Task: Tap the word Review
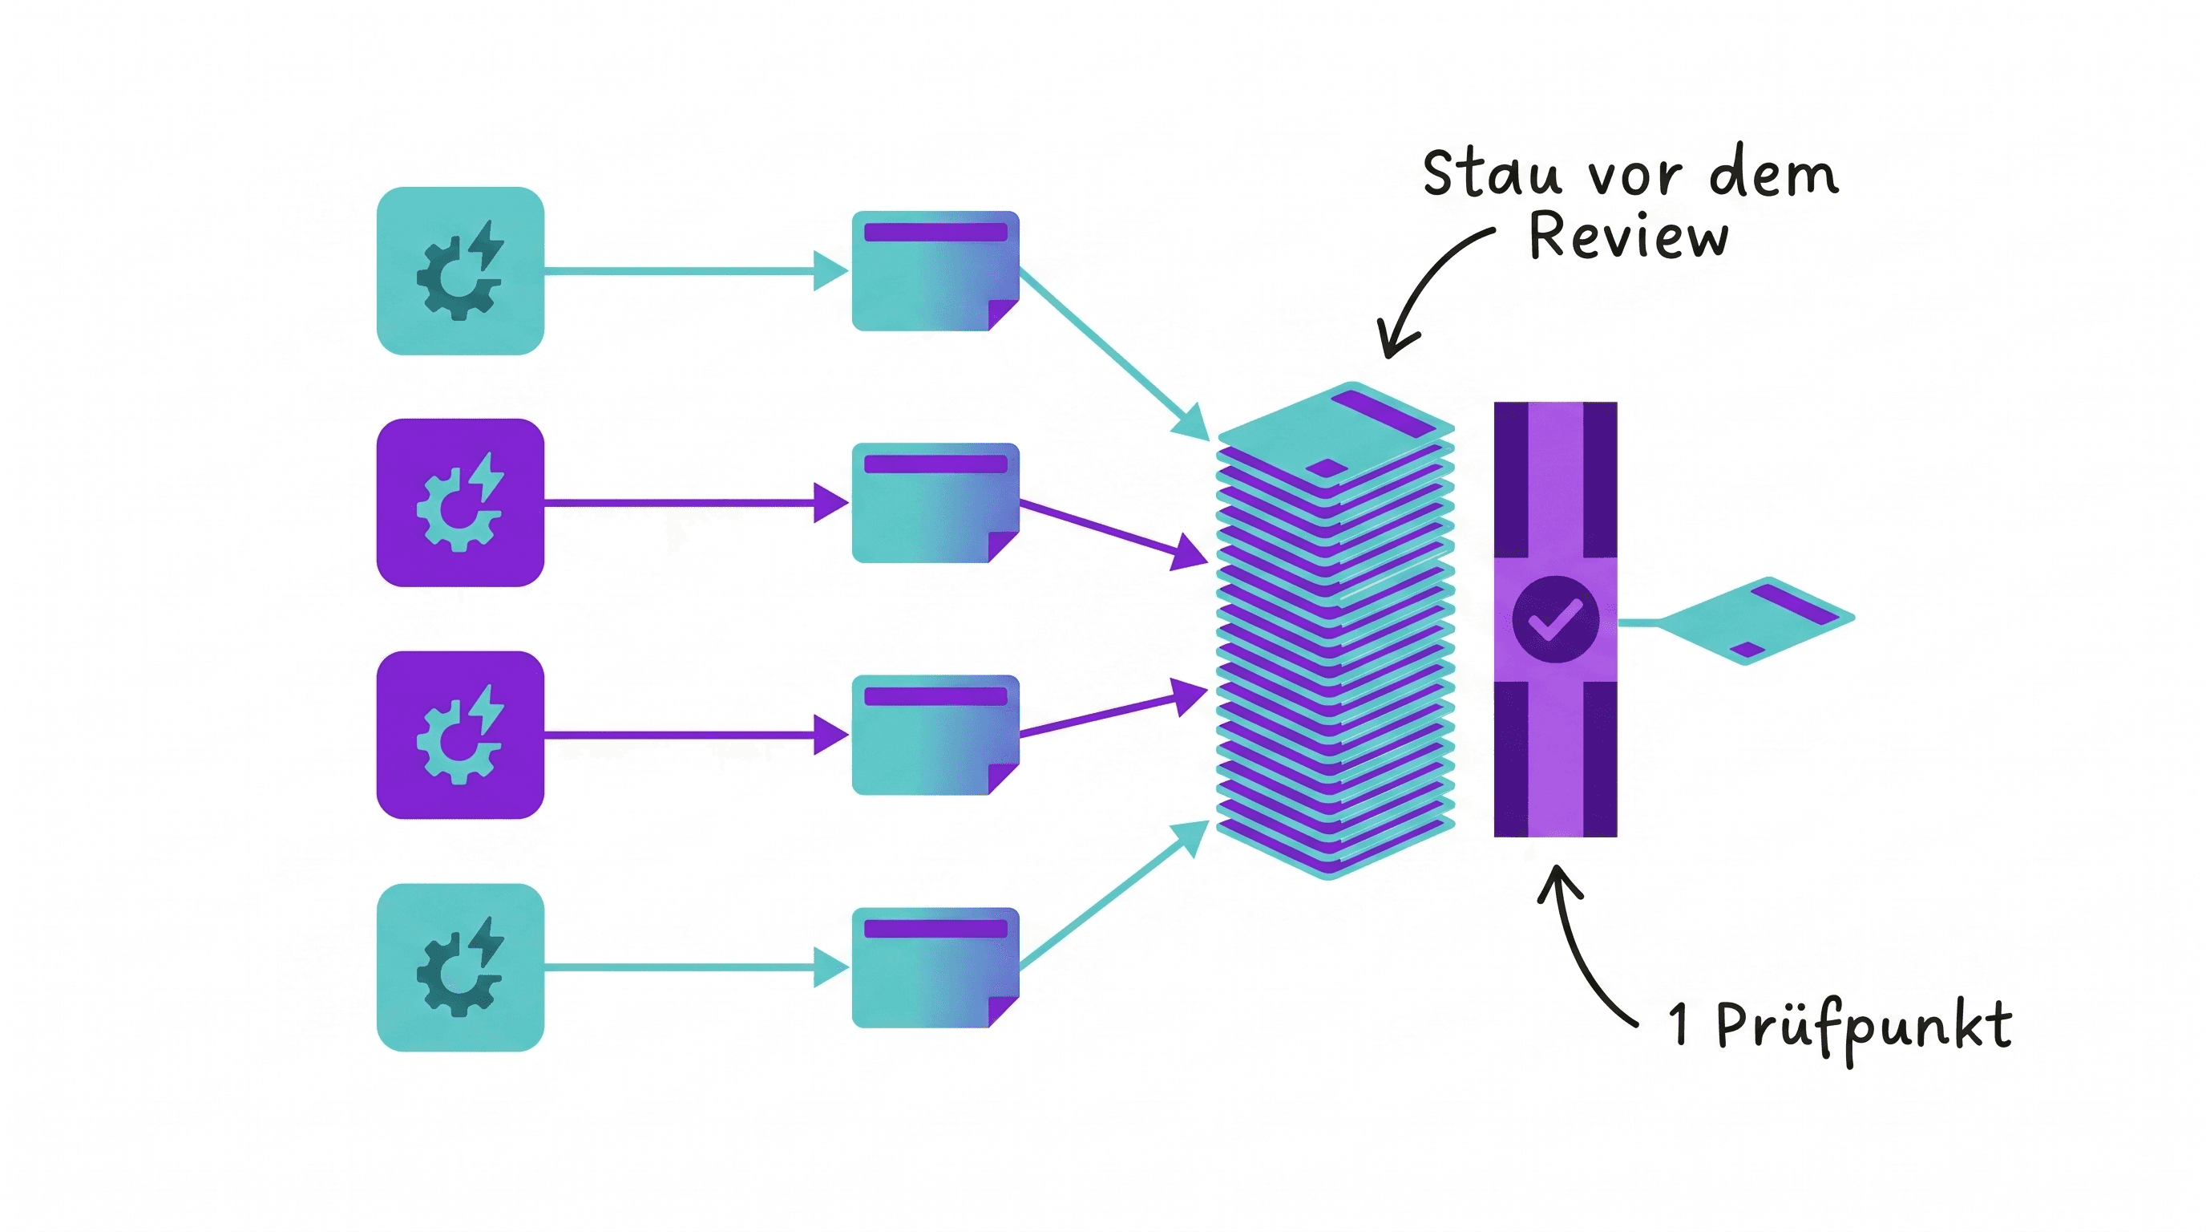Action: [x=1628, y=235]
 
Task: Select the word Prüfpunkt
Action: [x=1865, y=1030]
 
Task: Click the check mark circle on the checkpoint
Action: [x=1555, y=618]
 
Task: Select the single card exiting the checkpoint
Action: [x=1756, y=620]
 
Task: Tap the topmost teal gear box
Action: [x=461, y=271]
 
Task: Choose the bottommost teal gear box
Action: [x=461, y=967]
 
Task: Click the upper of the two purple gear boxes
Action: [x=461, y=503]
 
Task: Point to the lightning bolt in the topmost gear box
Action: [x=487, y=245]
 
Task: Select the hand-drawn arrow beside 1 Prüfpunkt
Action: [x=1576, y=951]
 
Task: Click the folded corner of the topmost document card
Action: [x=1004, y=314]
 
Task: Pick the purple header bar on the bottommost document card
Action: [x=935, y=929]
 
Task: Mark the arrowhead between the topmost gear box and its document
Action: [x=830, y=271]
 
